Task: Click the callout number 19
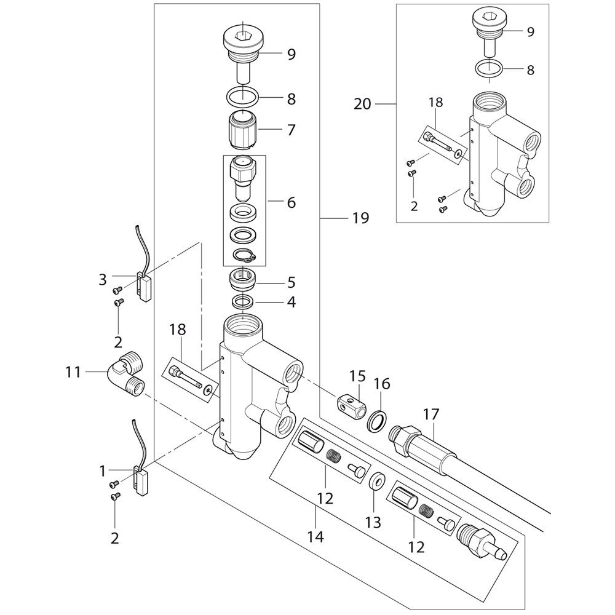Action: pos(361,218)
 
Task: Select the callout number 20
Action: pos(363,104)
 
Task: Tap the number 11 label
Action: pos(74,371)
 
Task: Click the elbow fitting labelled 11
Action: pos(125,375)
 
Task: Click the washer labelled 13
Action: pos(375,480)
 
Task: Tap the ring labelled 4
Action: pos(244,302)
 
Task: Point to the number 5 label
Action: pos(290,282)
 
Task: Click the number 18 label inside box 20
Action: pos(435,102)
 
